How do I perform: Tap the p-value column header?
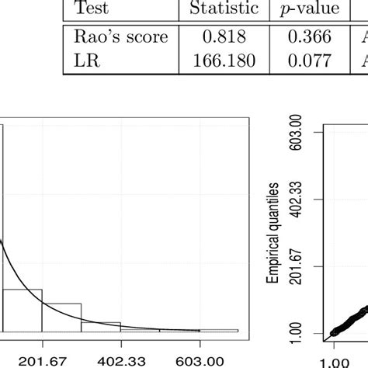coord(308,9)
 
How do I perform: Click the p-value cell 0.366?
coord(308,36)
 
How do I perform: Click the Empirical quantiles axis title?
coord(274,232)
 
